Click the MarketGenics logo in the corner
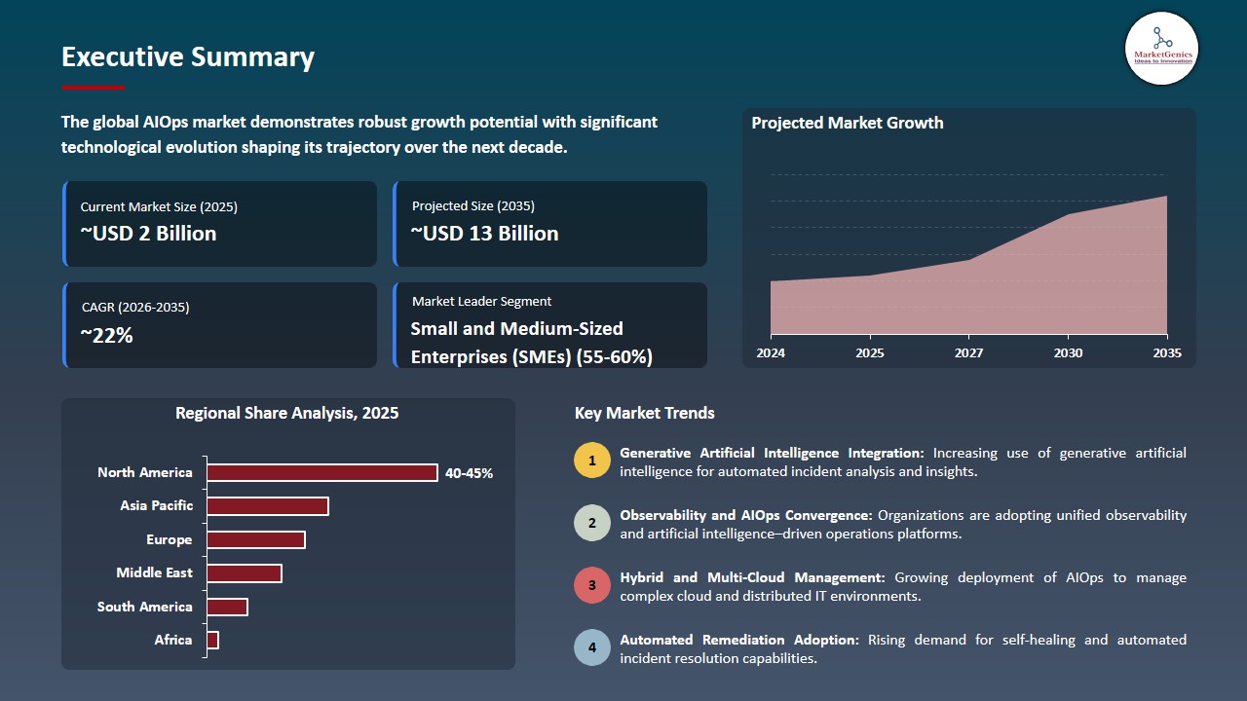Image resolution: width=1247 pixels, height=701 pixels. tap(1161, 48)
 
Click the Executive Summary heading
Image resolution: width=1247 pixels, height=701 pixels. tap(188, 57)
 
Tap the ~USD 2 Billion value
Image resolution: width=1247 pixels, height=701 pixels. tap(148, 234)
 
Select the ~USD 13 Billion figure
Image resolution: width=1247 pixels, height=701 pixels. tap(484, 234)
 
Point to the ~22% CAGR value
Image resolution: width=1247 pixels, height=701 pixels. tap(106, 336)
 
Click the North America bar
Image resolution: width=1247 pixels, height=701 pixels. tap(322, 472)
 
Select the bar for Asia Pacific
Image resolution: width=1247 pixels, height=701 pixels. tap(268, 506)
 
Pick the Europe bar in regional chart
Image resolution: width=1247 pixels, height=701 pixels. tap(256, 539)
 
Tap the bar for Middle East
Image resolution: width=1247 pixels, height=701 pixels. tap(245, 573)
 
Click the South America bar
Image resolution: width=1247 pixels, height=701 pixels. tap(228, 607)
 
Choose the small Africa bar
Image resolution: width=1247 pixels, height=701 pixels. tap(213, 640)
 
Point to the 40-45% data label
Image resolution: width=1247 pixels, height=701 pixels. tap(469, 473)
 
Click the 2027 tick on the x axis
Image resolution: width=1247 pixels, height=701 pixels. tap(968, 352)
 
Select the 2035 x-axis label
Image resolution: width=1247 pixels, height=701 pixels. tap(1166, 352)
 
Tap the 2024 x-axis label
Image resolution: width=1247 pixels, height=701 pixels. tap(771, 352)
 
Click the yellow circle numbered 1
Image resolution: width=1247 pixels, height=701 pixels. tap(592, 461)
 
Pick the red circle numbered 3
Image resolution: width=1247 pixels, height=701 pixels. tap(592, 585)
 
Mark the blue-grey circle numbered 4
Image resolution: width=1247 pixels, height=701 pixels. tap(592, 647)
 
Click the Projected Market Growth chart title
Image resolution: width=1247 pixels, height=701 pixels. tap(847, 123)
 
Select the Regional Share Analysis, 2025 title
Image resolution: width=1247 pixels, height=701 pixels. tap(286, 413)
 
